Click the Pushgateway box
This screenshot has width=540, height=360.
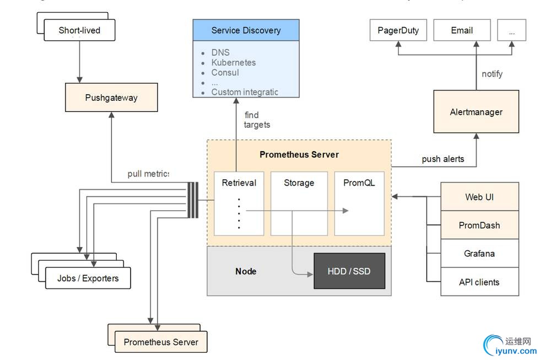tap(111, 98)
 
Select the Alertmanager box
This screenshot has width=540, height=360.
tap(476, 112)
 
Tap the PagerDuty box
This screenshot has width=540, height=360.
tap(398, 30)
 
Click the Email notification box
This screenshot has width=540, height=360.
tap(462, 30)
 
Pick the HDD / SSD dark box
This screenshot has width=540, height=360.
tap(349, 271)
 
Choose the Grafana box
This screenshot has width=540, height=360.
tap(479, 254)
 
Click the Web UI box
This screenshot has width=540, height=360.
tap(479, 197)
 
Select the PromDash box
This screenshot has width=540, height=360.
tap(479, 225)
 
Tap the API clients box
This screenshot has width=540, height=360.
tap(479, 282)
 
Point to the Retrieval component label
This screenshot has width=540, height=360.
tap(239, 182)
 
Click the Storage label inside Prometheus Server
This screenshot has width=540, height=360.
tap(299, 182)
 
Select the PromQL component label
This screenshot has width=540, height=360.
tap(359, 182)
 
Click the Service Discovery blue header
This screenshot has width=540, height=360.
tap(246, 30)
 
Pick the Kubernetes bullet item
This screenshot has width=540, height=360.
tap(233, 62)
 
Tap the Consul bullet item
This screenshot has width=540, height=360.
tap(225, 72)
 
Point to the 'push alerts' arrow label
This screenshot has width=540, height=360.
tap(442, 159)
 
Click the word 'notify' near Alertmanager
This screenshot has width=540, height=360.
tap(492, 74)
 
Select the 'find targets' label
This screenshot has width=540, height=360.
tap(257, 119)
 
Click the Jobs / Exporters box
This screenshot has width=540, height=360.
tap(88, 278)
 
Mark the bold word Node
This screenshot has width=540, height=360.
tap(246, 271)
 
